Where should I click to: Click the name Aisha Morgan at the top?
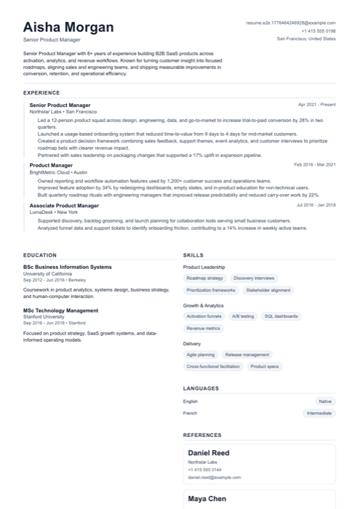pos(68,27)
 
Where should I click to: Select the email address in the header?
pos(291,23)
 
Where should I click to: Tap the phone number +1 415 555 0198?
pos(319,31)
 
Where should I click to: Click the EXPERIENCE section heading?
pos(41,93)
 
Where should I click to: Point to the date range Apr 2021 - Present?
pos(317,105)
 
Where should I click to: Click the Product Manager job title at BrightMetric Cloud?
pos(51,165)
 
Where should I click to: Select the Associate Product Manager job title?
pos(64,205)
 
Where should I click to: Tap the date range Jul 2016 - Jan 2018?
pos(316,205)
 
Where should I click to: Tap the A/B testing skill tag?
pos(243,317)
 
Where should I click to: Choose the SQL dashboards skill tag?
pos(281,317)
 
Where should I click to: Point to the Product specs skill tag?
pos(265,366)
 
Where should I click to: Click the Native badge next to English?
pos(325,401)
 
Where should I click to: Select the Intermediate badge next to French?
pos(319,413)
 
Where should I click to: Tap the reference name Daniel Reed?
pos(209,453)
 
